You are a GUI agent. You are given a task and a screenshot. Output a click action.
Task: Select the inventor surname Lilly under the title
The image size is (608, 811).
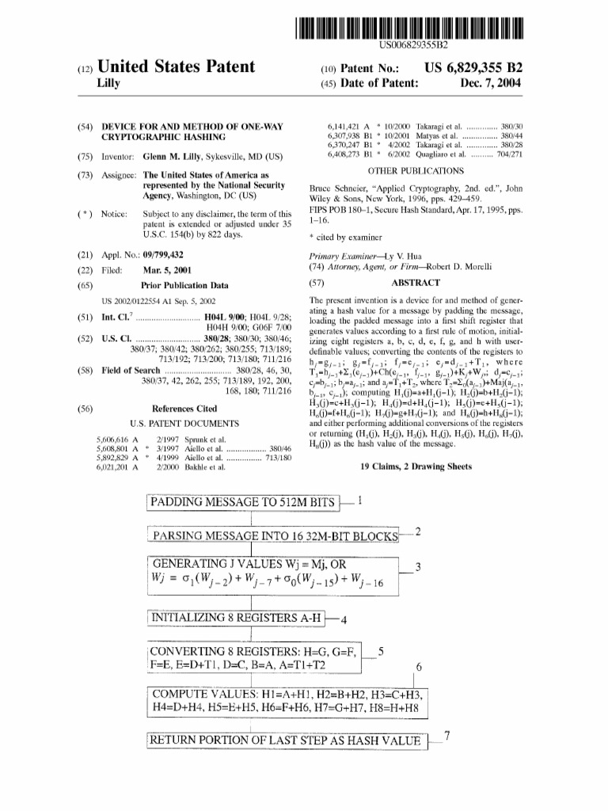(107, 82)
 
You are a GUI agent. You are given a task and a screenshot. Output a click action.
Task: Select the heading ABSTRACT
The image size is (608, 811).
(415, 283)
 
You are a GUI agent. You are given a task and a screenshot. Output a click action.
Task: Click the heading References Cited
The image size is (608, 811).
(184, 409)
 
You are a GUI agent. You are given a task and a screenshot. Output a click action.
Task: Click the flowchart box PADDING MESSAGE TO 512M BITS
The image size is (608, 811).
(243, 502)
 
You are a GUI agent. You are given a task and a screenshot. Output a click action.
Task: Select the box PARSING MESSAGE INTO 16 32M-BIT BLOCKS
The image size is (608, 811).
(274, 536)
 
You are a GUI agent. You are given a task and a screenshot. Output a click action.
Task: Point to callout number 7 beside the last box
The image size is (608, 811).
(447, 736)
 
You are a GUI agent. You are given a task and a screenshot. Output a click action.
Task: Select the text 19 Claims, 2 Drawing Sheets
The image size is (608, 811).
(416, 466)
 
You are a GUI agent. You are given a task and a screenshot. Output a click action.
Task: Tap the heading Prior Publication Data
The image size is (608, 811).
(184, 284)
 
